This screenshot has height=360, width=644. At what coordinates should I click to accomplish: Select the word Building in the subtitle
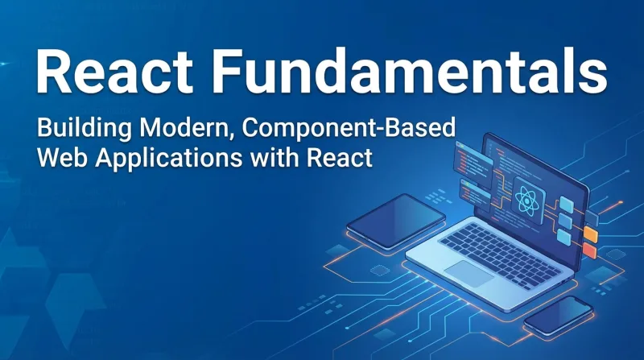[x=80, y=128]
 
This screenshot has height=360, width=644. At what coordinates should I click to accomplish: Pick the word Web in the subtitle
[x=59, y=157]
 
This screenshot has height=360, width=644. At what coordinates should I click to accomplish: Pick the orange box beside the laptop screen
[x=590, y=234]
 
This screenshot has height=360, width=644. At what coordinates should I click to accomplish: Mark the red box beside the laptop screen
[x=588, y=250]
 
